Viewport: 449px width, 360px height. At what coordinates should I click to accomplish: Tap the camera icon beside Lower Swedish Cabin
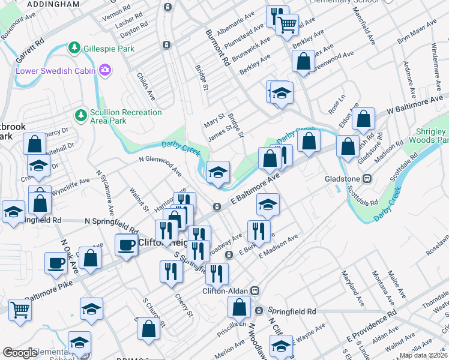pos(106,71)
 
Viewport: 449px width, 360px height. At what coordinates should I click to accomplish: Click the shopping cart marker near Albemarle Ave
pos(288,24)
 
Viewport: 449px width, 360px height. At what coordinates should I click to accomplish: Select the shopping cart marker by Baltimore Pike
pos(20,310)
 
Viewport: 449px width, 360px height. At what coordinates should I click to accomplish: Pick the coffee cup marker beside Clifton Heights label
pos(126,245)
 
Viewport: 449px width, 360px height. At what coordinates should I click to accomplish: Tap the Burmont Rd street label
pos(217,47)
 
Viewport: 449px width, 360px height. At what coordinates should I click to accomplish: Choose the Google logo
pos(20,353)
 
